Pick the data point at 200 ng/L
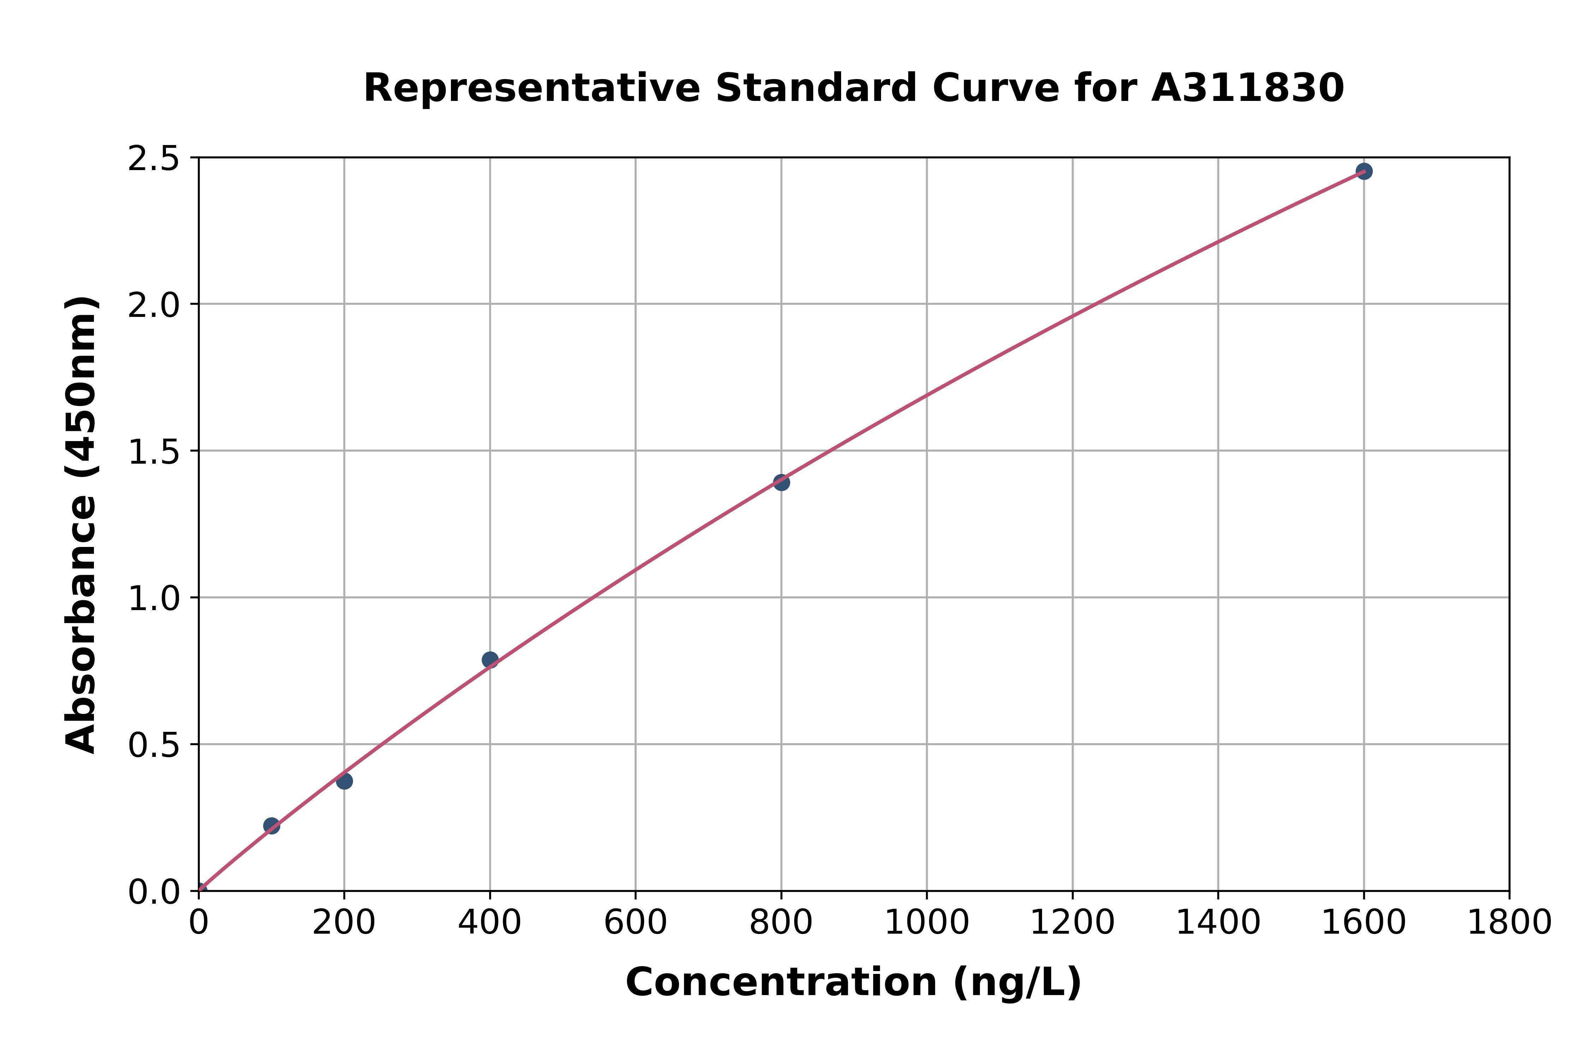[x=344, y=781]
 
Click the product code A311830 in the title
[x=1247, y=88]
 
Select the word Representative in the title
[x=532, y=88]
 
